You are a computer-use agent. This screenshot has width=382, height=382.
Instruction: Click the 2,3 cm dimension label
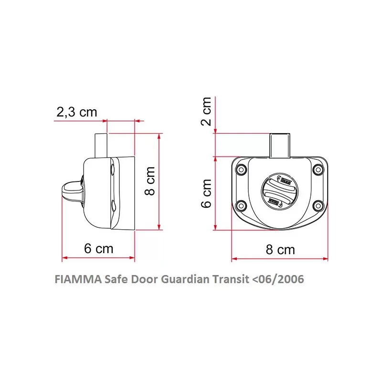coord(77,112)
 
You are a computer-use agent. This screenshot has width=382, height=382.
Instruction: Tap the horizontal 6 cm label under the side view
coord(99,248)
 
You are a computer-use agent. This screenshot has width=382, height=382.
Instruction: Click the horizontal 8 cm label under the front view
coord(280,249)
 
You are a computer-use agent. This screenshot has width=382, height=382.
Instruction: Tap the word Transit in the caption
coord(231,279)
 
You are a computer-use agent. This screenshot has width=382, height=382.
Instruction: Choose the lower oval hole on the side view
coord(113,206)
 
